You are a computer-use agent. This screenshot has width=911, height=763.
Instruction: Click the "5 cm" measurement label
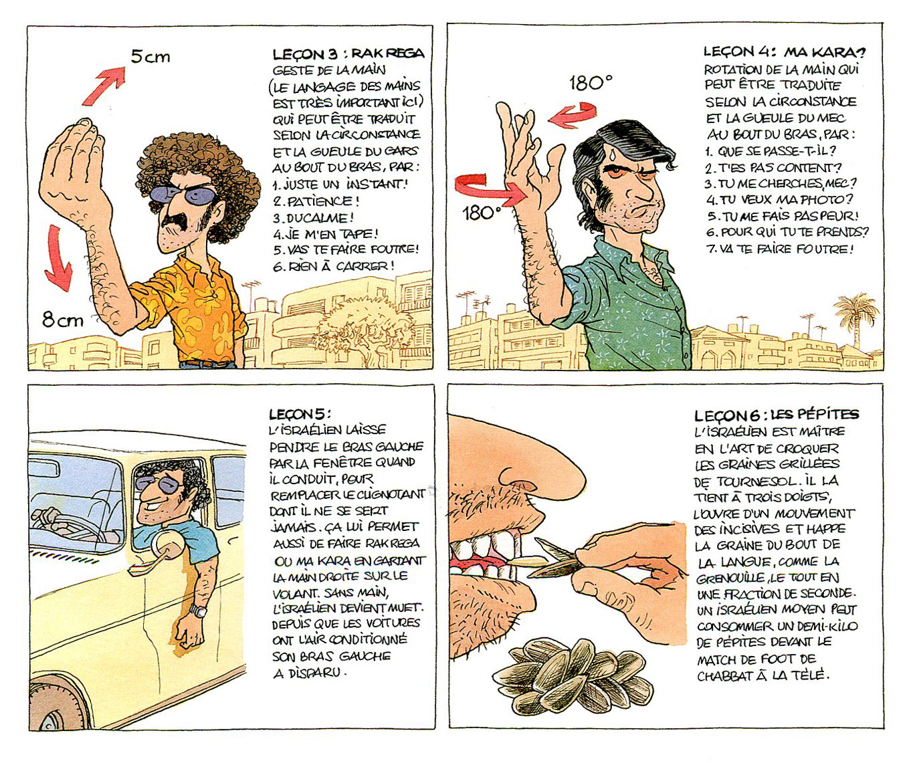click(150, 57)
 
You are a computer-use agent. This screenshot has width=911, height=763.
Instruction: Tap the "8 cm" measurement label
click(63, 320)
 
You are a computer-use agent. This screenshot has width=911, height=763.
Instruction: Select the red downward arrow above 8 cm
click(58, 257)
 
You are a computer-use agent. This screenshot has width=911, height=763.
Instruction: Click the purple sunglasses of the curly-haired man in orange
click(185, 194)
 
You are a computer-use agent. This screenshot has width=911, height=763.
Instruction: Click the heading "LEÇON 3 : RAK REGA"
click(348, 54)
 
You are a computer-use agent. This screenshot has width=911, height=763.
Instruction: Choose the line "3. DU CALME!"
click(313, 218)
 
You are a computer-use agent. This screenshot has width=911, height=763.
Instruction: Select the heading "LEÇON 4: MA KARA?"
click(785, 52)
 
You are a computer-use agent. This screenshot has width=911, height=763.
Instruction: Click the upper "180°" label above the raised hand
click(591, 83)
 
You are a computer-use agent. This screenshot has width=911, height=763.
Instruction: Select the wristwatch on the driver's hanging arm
click(199, 610)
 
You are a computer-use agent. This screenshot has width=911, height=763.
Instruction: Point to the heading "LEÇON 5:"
click(300, 413)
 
